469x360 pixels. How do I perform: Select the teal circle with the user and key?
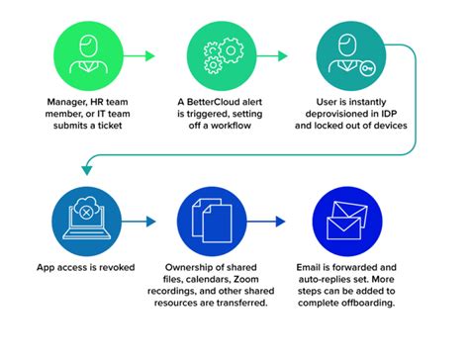[x=351, y=53]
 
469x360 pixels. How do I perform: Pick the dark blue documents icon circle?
[x=213, y=219]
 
